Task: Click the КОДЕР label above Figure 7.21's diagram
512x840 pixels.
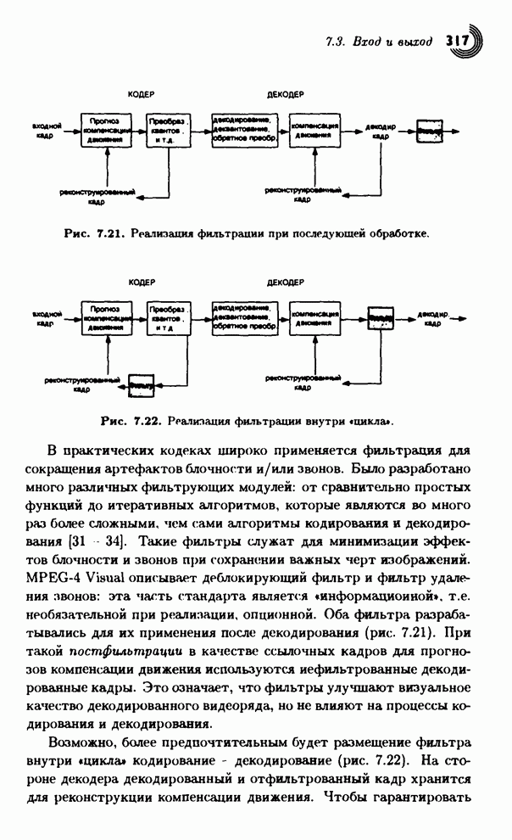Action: point(140,93)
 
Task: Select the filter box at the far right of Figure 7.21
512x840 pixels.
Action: point(429,132)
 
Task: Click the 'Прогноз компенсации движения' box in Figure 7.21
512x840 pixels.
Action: point(107,132)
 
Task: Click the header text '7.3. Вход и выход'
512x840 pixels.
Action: point(380,41)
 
